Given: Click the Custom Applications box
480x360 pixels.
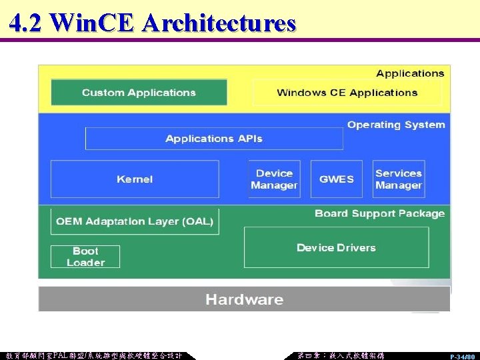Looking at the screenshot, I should (x=139, y=93).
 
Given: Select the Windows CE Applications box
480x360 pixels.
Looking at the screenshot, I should (x=347, y=93).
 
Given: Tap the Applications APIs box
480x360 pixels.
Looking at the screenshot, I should (x=214, y=139).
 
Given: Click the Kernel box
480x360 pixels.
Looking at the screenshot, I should (x=135, y=179).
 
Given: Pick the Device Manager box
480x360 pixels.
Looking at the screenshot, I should (x=274, y=179).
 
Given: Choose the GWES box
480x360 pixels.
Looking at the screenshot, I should (x=337, y=179).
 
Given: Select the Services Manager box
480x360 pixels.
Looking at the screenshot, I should (x=399, y=179).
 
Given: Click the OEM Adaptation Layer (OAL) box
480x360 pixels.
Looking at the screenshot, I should (x=135, y=221).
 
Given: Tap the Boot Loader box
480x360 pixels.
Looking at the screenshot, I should (x=85, y=257).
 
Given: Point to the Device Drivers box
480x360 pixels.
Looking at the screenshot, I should (x=336, y=247).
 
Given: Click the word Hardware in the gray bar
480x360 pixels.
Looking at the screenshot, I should (x=244, y=299).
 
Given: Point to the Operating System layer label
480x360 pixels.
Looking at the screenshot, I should (x=396, y=125).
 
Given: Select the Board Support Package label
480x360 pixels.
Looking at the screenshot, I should (x=379, y=213).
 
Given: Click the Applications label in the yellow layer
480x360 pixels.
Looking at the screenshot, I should (x=410, y=73).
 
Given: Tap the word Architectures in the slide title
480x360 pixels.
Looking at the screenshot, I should (x=219, y=23).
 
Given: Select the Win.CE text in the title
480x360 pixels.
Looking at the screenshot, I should (x=93, y=23).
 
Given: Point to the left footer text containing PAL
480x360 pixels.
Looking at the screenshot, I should (x=93, y=355).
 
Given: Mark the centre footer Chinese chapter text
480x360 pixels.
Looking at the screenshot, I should (x=341, y=355).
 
